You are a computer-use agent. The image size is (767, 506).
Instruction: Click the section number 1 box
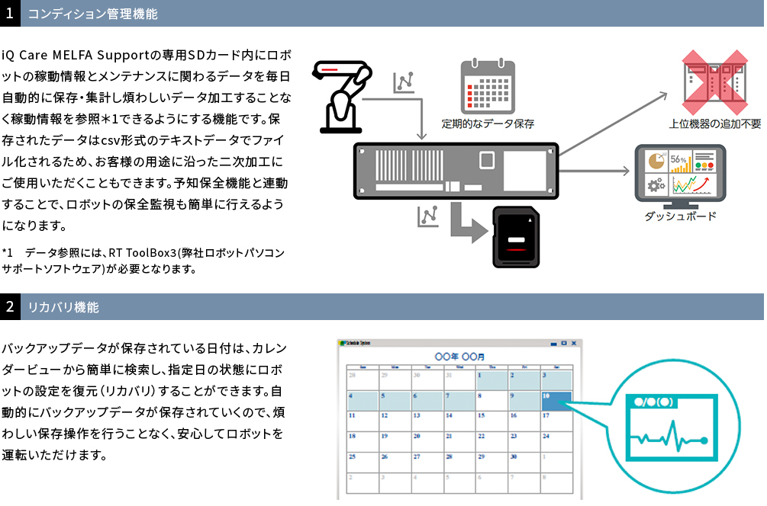(10, 13)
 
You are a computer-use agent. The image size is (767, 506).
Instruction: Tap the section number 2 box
(10, 308)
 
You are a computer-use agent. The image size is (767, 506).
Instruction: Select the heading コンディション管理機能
(92, 14)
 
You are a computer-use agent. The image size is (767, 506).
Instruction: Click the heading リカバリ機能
(63, 308)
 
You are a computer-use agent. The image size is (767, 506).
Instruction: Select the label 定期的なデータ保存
(488, 123)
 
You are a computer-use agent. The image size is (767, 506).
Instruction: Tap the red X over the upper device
(714, 79)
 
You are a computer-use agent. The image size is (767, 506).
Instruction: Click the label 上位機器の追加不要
(714, 123)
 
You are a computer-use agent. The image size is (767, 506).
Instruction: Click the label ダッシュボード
(680, 216)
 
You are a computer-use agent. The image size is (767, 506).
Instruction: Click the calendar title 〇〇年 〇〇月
(459, 357)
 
